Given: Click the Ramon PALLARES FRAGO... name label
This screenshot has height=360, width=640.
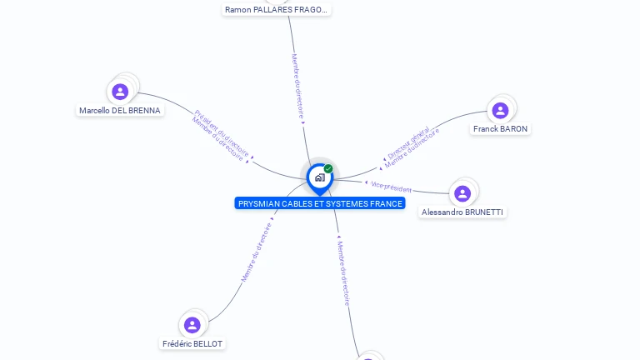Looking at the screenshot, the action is tap(277, 10).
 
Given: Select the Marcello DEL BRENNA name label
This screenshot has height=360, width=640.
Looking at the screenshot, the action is tap(120, 110).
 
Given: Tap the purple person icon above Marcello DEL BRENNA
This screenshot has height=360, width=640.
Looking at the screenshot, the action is tap(120, 91).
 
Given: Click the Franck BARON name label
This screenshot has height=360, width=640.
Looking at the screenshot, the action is tap(500, 129).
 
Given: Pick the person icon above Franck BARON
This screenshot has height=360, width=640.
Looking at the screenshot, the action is tap(500, 110).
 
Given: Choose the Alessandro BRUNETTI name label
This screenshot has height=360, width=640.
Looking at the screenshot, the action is tap(462, 212).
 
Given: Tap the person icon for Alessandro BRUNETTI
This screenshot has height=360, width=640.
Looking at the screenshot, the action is tap(462, 193).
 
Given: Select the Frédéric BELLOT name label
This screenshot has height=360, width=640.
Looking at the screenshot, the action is tap(192, 343).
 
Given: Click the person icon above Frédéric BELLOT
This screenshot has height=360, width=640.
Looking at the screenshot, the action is tap(192, 324).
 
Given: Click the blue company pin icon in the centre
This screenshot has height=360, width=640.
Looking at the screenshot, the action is tap(319, 177).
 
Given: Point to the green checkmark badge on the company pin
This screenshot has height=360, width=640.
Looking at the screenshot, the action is tap(328, 168).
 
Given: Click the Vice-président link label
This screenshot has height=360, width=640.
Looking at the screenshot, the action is tap(391, 187).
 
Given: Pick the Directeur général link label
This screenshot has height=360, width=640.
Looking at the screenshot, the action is tap(408, 142).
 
